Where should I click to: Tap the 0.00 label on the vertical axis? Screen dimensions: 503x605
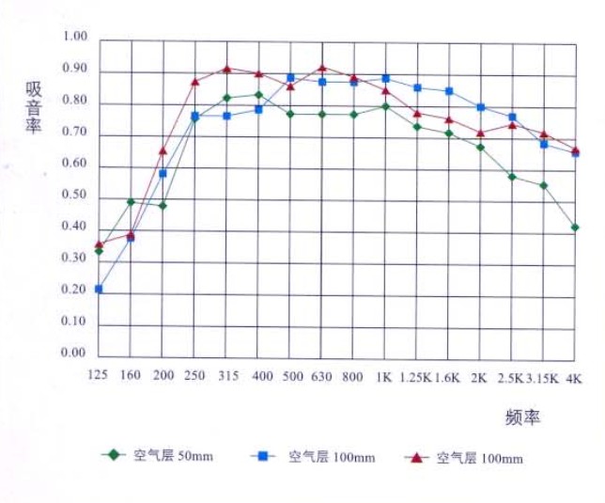(x=73, y=354)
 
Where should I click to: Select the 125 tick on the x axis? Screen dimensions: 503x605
(x=99, y=376)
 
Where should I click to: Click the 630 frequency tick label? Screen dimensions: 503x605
(x=321, y=376)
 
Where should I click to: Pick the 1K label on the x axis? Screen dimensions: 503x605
(x=383, y=376)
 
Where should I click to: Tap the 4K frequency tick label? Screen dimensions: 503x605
(x=573, y=376)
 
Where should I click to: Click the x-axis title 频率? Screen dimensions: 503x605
(x=521, y=417)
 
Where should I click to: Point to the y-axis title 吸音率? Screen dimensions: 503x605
(x=35, y=108)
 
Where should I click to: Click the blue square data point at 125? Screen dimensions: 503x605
(x=99, y=289)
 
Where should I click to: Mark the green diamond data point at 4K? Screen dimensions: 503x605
(x=574, y=228)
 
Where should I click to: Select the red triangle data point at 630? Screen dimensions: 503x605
(x=322, y=68)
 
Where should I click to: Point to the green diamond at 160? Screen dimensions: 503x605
(x=131, y=202)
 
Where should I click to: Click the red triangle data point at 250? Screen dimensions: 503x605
(x=195, y=82)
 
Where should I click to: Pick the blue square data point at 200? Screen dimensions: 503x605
(x=163, y=174)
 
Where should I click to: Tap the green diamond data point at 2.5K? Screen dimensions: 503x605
(x=512, y=177)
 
